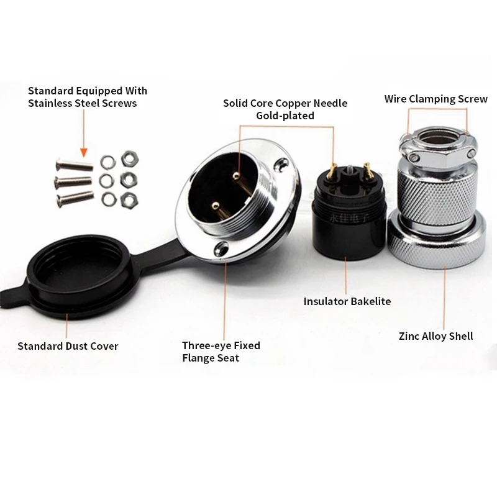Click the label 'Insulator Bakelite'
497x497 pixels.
click(x=347, y=301)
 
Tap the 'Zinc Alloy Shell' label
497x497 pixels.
click(x=436, y=336)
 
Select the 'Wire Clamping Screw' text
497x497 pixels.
click(x=436, y=99)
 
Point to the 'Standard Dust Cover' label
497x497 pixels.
click(x=68, y=346)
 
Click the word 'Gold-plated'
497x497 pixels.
click(x=285, y=116)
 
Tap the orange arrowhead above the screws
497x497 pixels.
click(x=84, y=153)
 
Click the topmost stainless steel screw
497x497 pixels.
click(x=75, y=165)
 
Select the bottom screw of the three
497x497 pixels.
click(x=75, y=198)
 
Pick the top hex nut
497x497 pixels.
click(x=130, y=159)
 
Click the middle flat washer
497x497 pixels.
click(x=107, y=181)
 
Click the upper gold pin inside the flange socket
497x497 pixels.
click(x=235, y=175)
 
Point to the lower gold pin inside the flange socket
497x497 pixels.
click(x=216, y=206)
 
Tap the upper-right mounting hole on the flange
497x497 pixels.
click(x=281, y=165)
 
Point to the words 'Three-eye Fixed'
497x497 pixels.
click(x=221, y=345)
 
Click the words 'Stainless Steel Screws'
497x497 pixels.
click(x=83, y=103)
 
